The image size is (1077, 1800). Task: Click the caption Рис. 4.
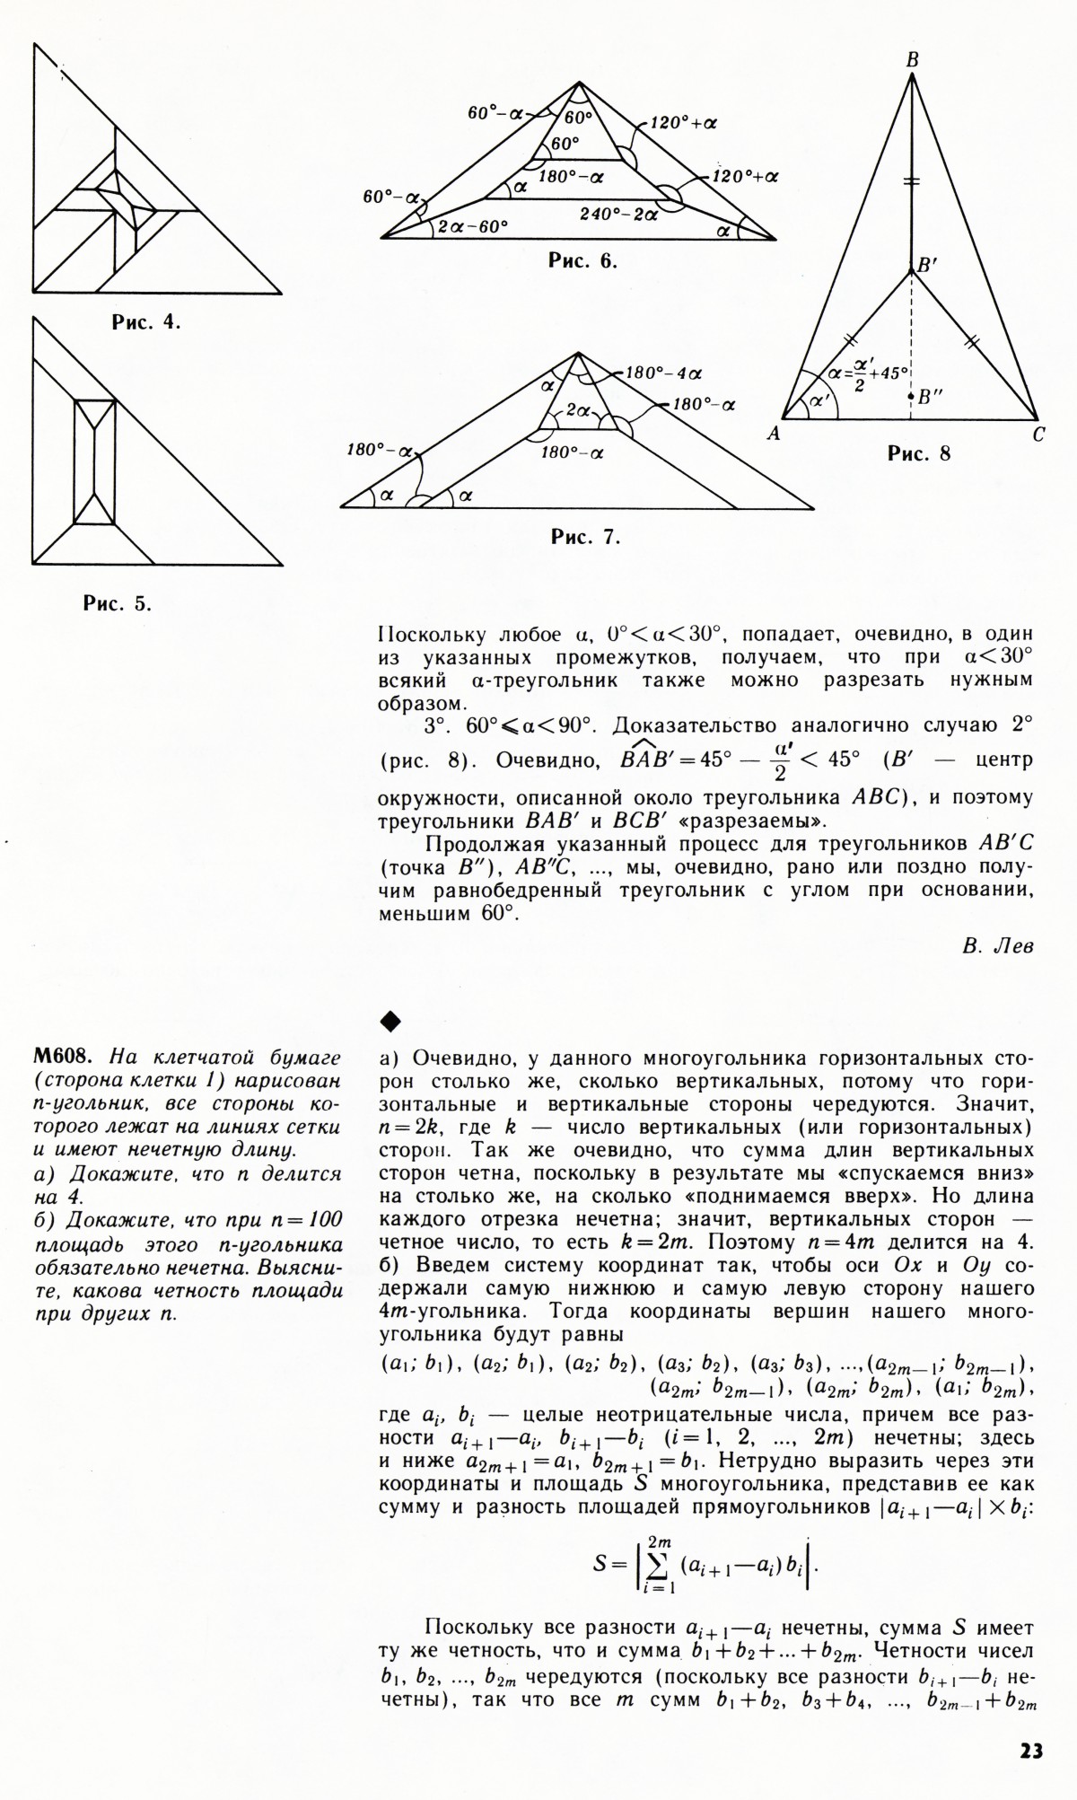click(145, 322)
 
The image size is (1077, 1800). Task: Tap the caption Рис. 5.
click(118, 603)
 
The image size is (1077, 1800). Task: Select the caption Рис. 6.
click(582, 262)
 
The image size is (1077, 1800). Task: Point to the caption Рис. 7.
click(585, 538)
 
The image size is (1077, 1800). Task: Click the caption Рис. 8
click(919, 453)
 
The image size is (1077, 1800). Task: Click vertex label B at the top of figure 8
click(912, 60)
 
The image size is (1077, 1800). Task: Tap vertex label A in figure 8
click(773, 435)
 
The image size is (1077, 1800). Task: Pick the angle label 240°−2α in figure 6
click(618, 215)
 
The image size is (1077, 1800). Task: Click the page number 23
click(1031, 1751)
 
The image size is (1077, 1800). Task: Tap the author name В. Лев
click(997, 946)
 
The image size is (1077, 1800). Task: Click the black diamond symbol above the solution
click(389, 1020)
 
